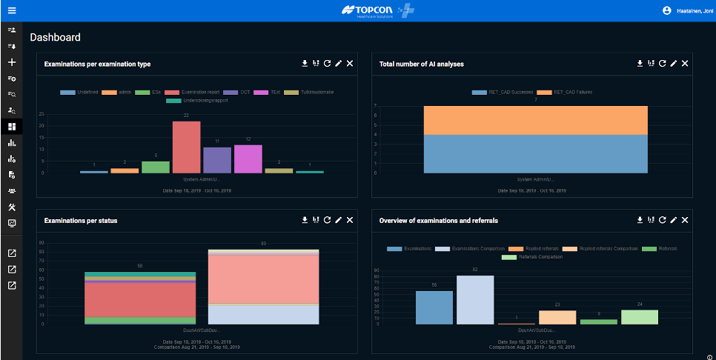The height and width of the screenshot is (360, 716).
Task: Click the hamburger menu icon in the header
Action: tap(12, 10)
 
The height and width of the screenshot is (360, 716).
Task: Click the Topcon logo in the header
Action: tap(368, 10)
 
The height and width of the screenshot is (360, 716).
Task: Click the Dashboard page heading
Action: tap(55, 38)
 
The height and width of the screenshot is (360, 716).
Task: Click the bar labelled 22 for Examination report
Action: tap(186, 147)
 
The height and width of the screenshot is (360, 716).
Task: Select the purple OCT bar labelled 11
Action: tap(217, 160)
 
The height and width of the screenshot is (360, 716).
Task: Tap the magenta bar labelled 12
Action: tap(248, 159)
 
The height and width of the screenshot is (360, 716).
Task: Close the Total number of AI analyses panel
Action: tap(685, 64)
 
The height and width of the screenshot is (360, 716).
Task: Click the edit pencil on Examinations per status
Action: tap(338, 220)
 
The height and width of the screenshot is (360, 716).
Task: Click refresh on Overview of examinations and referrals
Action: tap(662, 220)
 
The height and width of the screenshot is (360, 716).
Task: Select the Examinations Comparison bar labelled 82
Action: tap(475, 300)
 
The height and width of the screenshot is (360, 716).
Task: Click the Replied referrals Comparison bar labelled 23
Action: tap(557, 317)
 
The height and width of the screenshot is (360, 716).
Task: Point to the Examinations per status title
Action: tap(81, 221)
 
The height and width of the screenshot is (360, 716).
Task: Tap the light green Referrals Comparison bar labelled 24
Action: tap(640, 316)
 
